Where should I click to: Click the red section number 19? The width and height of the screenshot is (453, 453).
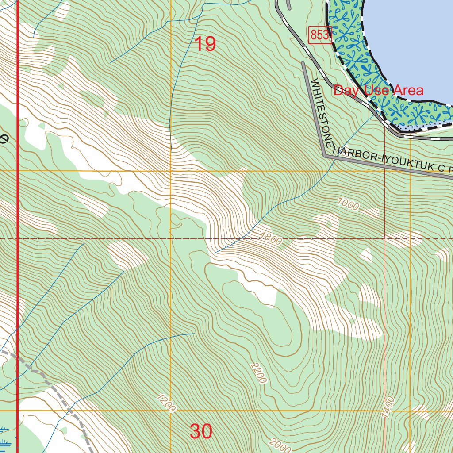[x=205, y=44]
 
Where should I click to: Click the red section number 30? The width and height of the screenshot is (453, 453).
[x=201, y=431]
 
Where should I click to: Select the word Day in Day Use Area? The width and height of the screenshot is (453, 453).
[x=346, y=91]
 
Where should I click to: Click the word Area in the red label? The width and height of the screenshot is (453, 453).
[x=408, y=91]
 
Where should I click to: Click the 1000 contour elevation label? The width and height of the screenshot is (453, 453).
[x=348, y=203]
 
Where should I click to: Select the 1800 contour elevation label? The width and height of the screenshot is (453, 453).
[x=270, y=238]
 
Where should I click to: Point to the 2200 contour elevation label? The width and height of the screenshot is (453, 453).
[x=258, y=373]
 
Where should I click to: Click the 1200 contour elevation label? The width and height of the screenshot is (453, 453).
[x=166, y=403]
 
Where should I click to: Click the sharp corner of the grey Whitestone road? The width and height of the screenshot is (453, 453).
[x=324, y=155]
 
